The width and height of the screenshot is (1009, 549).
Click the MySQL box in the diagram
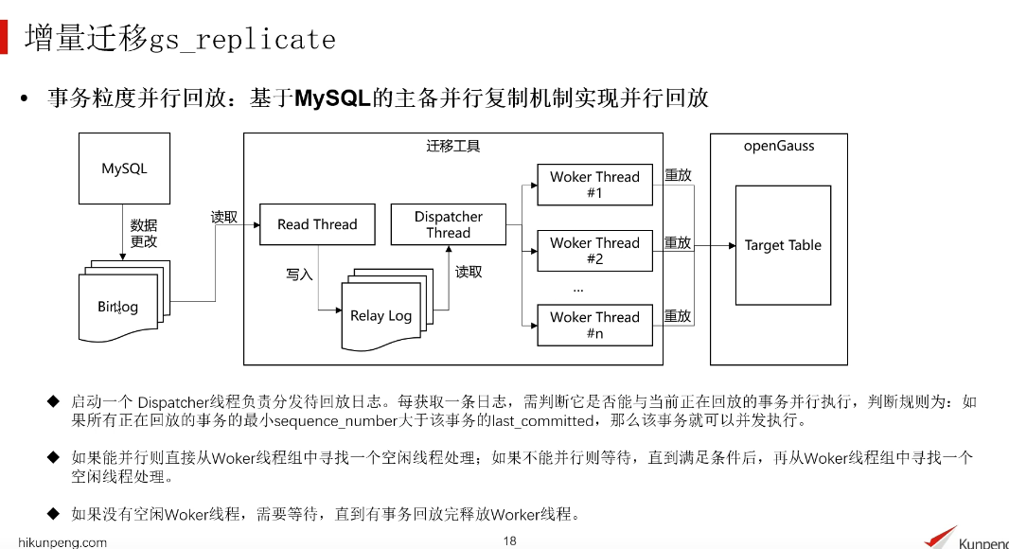point(124,169)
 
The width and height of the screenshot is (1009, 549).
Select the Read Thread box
point(316,224)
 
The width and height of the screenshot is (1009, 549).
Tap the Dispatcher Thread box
point(448,224)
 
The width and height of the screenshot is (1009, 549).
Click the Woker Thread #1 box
point(594,185)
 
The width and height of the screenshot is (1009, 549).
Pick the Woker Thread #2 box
point(594,251)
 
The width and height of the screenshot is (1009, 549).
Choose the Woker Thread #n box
point(594,325)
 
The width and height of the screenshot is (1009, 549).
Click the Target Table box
point(783,245)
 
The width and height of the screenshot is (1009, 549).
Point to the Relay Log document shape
point(381,316)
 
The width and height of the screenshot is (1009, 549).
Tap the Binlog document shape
point(117,307)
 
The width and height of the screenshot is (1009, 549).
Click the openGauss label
point(779,146)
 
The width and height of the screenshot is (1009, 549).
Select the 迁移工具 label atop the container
point(453,146)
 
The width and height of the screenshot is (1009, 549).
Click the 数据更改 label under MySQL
point(144,233)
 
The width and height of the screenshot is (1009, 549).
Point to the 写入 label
point(299,274)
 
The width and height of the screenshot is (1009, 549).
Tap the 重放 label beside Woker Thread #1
point(678,175)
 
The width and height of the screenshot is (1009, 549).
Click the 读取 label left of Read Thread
point(224,217)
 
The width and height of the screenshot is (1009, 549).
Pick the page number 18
point(510,541)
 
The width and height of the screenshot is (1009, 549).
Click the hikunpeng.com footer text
point(63,542)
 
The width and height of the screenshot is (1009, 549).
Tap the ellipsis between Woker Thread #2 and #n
point(578,288)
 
